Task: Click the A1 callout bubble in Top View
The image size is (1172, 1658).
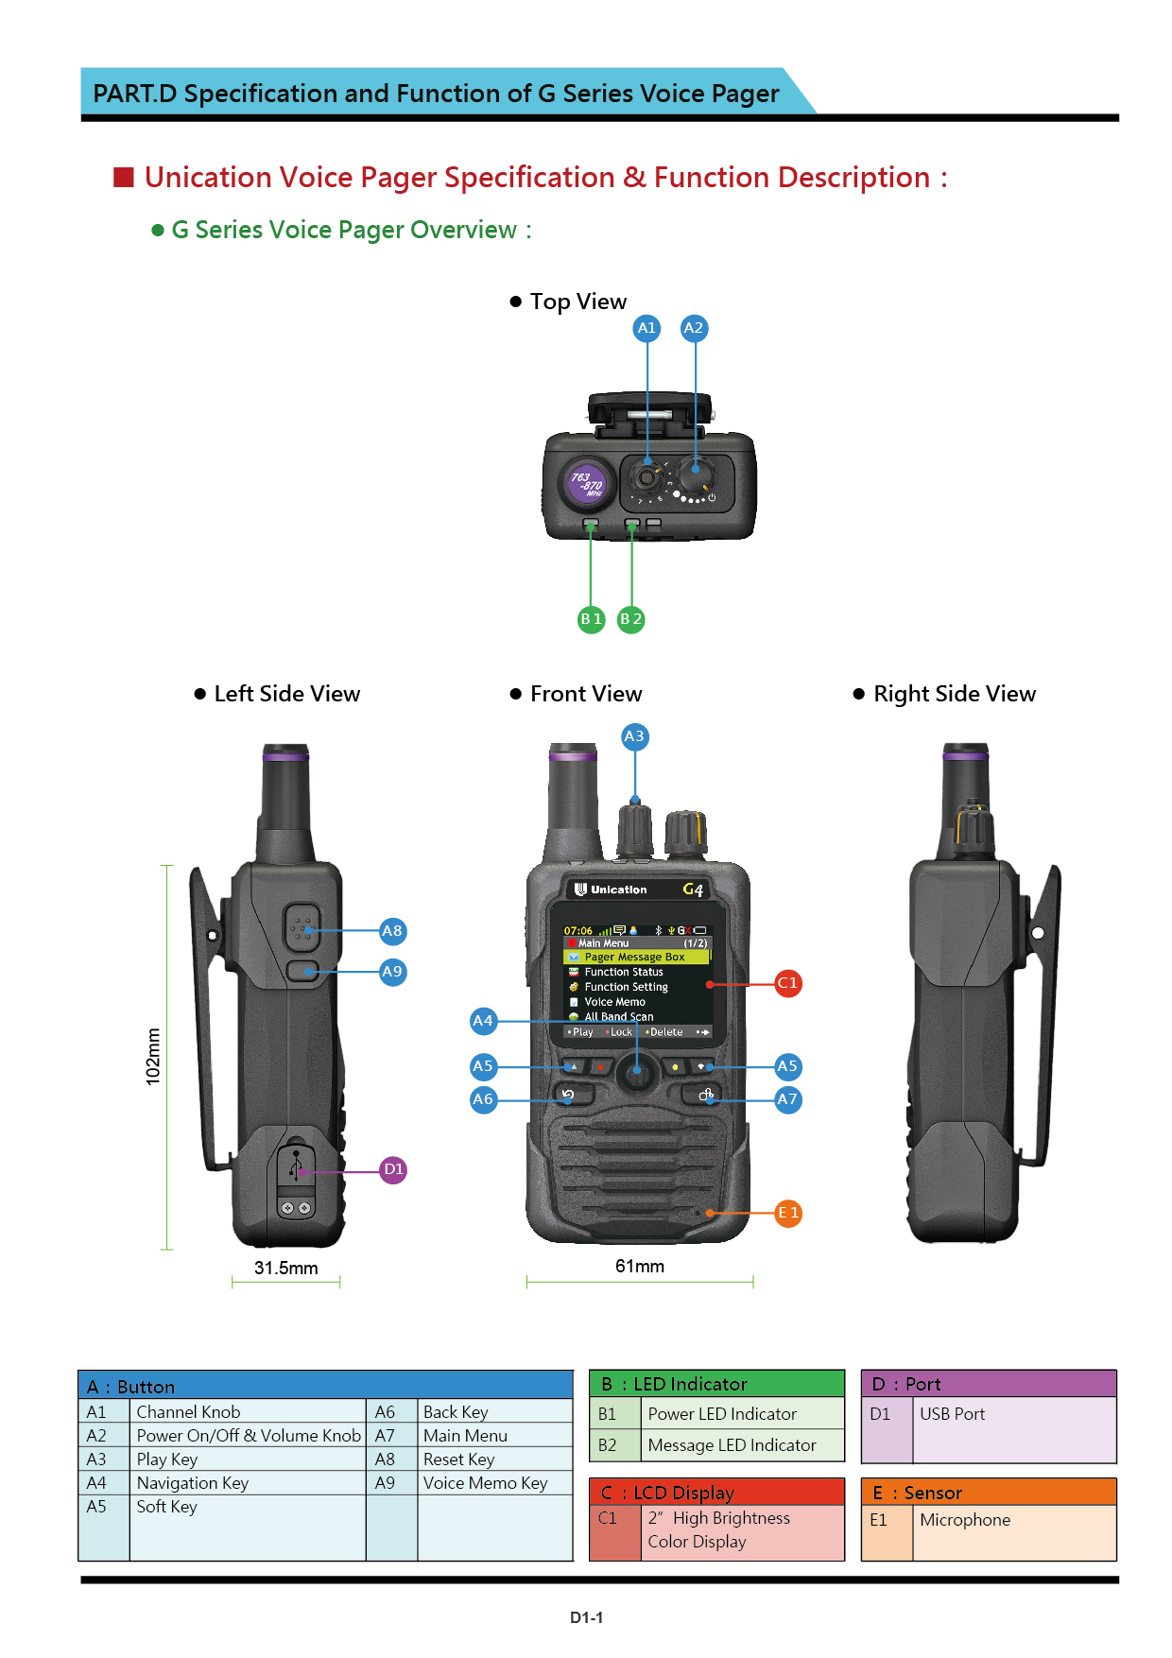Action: (646, 328)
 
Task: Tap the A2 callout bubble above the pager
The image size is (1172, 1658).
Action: (694, 328)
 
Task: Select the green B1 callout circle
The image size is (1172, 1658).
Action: (591, 619)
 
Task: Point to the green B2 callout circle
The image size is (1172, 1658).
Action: (630, 619)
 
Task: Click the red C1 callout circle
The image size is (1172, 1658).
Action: (787, 983)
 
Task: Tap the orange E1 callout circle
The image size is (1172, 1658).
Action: (788, 1213)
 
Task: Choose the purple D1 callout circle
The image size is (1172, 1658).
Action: (393, 1170)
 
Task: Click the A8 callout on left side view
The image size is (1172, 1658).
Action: (392, 931)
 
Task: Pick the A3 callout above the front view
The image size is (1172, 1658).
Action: (634, 736)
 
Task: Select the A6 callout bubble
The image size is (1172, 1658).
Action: (483, 1099)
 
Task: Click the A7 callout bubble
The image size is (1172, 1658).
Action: (787, 1099)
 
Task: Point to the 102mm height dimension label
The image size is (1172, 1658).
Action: (153, 1057)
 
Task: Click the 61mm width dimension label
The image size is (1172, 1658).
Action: (640, 1267)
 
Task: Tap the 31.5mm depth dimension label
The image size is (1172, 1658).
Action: (285, 1269)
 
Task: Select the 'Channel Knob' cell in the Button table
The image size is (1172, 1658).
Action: (188, 1412)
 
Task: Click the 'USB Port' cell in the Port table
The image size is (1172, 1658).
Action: (952, 1414)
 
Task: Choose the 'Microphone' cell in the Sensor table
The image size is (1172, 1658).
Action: (965, 1520)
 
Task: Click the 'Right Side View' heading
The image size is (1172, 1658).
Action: (954, 694)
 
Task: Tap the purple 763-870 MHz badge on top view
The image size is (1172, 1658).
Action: (587, 483)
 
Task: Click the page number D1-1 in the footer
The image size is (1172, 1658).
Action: (586, 1617)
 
